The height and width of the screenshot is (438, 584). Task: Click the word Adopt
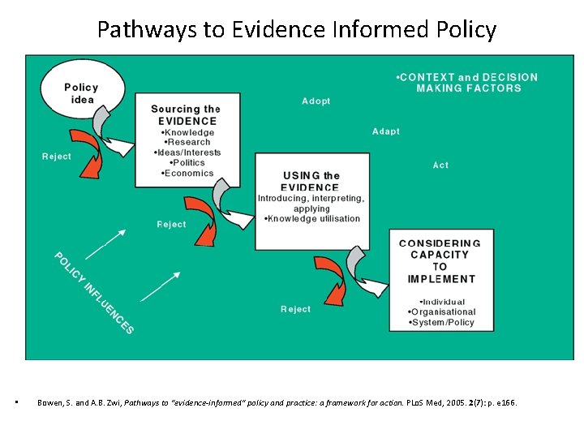click(x=316, y=101)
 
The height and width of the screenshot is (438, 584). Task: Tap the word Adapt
click(x=385, y=131)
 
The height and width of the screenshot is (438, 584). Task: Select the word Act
click(x=440, y=165)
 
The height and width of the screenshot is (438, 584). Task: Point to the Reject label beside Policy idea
click(x=57, y=157)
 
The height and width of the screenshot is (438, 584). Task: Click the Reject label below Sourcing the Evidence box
click(x=171, y=225)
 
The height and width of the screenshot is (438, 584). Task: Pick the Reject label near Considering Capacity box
click(x=295, y=309)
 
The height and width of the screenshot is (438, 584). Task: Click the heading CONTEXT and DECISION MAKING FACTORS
click(x=468, y=82)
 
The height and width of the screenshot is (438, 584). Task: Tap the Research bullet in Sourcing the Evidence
click(x=188, y=142)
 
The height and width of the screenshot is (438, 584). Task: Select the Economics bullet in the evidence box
click(x=187, y=173)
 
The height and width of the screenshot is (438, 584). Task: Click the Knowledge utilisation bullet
click(x=311, y=219)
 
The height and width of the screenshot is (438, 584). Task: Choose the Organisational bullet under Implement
click(x=441, y=311)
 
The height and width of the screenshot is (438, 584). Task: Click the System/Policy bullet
click(x=441, y=322)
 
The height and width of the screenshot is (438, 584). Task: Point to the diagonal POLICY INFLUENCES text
click(x=93, y=293)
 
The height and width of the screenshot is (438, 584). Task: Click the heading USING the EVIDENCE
click(x=311, y=181)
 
